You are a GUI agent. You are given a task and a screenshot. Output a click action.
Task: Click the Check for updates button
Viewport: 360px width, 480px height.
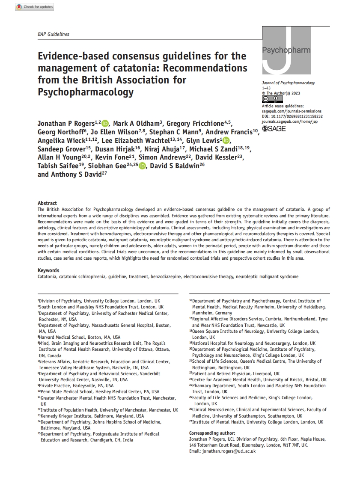[35, 7]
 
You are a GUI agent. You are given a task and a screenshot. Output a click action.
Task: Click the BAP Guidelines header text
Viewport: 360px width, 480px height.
[54, 34]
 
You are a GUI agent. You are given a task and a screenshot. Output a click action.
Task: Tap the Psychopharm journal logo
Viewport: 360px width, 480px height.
[286, 50]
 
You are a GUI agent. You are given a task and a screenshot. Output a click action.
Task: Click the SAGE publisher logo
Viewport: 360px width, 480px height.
[274, 128]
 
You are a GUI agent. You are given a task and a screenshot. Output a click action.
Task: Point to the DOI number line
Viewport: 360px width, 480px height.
[292, 116]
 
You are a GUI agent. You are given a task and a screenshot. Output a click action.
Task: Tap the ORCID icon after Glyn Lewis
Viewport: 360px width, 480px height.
[226, 141]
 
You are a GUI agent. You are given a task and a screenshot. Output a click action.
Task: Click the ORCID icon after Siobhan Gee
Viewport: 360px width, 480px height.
[142, 166]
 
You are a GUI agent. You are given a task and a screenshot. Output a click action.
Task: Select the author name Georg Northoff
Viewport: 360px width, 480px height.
[62, 132]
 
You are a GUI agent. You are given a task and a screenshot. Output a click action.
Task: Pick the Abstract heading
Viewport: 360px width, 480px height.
[47, 203]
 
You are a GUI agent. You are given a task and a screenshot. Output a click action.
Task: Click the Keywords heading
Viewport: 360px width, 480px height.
[48, 270]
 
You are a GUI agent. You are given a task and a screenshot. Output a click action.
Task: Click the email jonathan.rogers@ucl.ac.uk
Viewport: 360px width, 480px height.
[229, 451]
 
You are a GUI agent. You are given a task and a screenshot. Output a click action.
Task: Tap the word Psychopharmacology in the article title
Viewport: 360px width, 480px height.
[85, 92]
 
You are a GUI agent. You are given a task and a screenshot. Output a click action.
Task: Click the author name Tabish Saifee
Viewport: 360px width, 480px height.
[60, 166]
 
